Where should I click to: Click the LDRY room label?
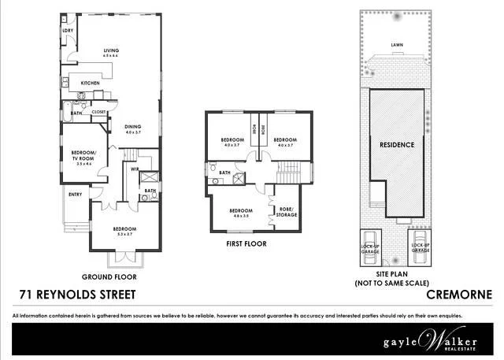pos(69,31)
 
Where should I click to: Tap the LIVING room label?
pos(110,52)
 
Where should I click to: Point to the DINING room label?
pos(132,128)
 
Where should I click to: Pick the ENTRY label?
pos(76,195)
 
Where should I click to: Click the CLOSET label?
pos(99,112)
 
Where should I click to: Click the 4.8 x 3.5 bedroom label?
pos(240,213)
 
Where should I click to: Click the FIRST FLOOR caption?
pos(246,244)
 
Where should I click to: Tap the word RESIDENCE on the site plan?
pos(398,146)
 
